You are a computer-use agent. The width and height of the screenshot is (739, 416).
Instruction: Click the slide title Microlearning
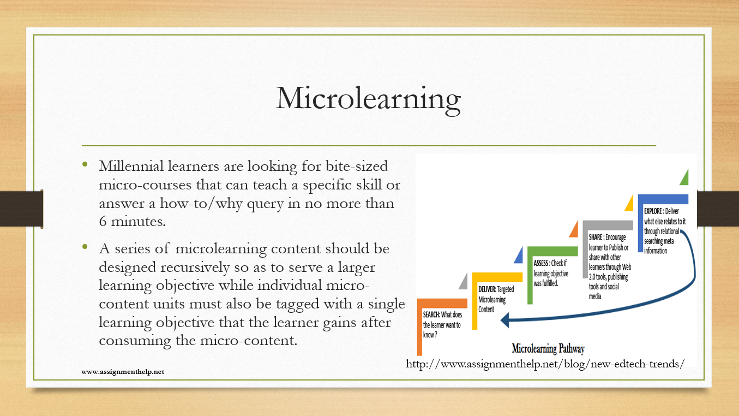pyautogui.click(x=368, y=99)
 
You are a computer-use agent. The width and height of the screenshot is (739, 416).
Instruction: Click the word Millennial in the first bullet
pyautogui.click(x=131, y=166)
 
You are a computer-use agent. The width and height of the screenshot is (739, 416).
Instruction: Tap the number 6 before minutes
pyautogui.click(x=103, y=221)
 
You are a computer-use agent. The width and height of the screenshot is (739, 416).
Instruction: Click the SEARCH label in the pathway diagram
pyautogui.click(x=431, y=314)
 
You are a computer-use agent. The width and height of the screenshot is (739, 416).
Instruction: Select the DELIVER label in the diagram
pyautogui.click(x=487, y=289)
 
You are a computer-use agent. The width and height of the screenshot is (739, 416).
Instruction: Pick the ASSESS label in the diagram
pyautogui.click(x=542, y=263)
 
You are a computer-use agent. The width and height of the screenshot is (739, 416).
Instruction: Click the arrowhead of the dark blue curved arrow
pyautogui.click(x=505, y=320)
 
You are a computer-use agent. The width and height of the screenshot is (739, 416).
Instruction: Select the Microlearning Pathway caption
pyautogui.click(x=548, y=348)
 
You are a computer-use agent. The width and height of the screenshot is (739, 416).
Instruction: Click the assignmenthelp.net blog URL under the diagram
pyautogui.click(x=545, y=364)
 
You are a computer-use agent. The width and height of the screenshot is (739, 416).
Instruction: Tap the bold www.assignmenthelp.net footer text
pyautogui.click(x=123, y=372)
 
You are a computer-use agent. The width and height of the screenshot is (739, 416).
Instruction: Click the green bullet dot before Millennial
pyautogui.click(x=85, y=164)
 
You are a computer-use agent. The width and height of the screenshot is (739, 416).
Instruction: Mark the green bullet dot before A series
pyautogui.click(x=85, y=246)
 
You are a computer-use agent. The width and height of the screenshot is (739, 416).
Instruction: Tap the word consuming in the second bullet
pyautogui.click(x=135, y=341)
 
